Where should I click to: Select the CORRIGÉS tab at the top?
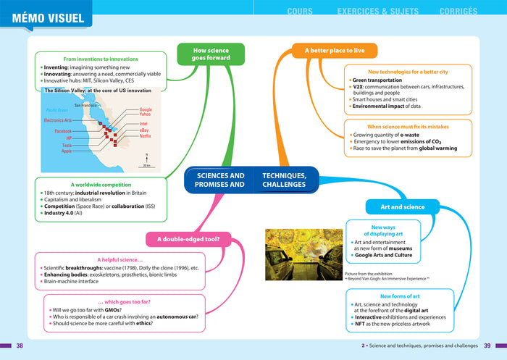(458, 12)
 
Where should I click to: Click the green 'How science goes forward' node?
(211, 54)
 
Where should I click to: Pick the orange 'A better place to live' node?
(335, 51)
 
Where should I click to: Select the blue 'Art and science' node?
(403, 207)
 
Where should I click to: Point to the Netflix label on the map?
(145, 136)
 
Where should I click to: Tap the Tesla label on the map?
(67, 145)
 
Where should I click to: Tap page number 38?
(20, 346)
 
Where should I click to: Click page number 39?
(487, 346)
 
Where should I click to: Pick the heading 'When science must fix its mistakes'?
(408, 127)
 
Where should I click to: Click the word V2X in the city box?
(359, 86)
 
